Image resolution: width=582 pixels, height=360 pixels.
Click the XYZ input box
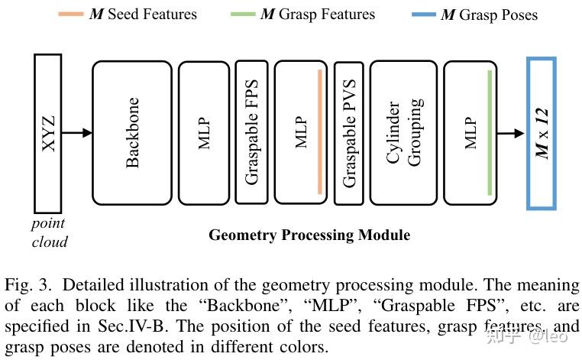click(x=48, y=133)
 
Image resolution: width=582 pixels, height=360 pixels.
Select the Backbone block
click(x=132, y=133)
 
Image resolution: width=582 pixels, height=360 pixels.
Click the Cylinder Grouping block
click(x=403, y=133)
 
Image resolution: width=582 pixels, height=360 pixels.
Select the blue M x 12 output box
click(x=541, y=133)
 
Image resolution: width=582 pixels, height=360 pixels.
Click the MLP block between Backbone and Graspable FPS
click(x=203, y=133)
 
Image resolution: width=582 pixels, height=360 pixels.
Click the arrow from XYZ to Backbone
click(x=76, y=133)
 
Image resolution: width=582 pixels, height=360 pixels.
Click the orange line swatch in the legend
click(x=73, y=15)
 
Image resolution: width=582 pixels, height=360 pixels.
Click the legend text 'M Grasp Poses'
click(x=489, y=15)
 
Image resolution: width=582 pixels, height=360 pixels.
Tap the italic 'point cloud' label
click(x=49, y=232)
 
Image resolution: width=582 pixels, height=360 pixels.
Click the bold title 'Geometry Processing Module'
click(x=309, y=235)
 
